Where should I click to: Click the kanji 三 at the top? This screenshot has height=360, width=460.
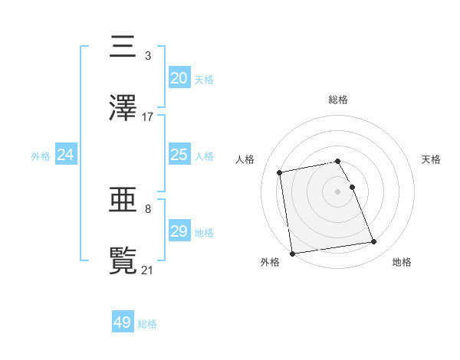(123, 47)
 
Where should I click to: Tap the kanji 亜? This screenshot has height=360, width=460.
(123, 201)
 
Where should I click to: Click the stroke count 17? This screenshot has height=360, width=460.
(148, 117)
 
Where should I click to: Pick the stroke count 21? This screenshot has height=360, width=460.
(148, 270)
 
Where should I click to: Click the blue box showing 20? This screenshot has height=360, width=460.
(179, 78)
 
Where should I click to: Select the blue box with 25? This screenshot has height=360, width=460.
(179, 155)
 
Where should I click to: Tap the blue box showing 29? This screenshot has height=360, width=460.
(179, 231)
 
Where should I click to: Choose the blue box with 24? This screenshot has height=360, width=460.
(65, 155)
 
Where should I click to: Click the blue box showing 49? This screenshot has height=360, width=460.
(123, 322)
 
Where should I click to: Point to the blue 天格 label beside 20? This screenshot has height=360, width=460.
(204, 80)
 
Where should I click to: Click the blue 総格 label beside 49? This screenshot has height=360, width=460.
(147, 324)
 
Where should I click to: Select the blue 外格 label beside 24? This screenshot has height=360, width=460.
(41, 156)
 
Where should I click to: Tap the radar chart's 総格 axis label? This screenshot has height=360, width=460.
(338, 100)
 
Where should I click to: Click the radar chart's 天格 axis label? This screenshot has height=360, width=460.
(432, 159)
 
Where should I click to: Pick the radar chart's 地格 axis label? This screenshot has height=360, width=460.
(402, 262)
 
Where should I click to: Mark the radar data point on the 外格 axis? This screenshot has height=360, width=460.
(292, 253)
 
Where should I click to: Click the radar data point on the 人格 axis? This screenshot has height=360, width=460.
(280, 172)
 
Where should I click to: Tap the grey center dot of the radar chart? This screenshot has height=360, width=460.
(338, 191)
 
